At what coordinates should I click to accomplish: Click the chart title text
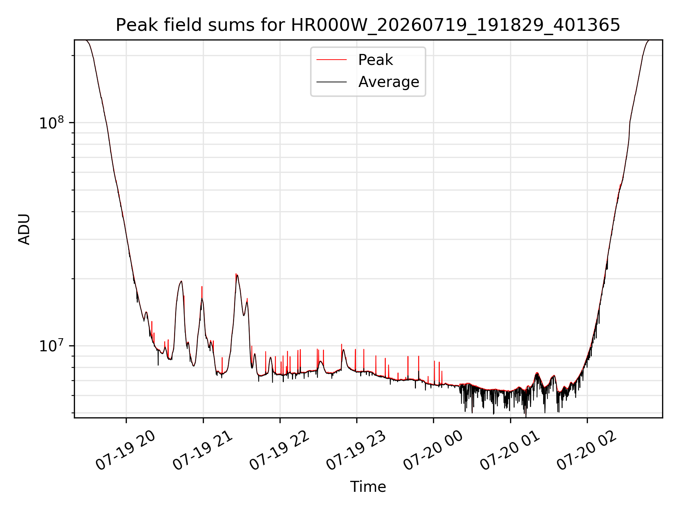pyautogui.click(x=368, y=25)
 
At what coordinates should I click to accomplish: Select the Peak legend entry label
pyautogui.click(x=375, y=60)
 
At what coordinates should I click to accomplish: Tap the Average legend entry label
pyautogui.click(x=389, y=82)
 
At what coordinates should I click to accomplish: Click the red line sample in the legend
pyautogui.click(x=331, y=60)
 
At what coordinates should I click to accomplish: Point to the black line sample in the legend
pyautogui.click(x=331, y=82)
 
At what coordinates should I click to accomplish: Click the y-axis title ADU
pyautogui.click(x=24, y=229)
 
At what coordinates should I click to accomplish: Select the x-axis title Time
pyautogui.click(x=368, y=487)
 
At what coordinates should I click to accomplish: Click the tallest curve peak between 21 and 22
pyautogui.click(x=237, y=274)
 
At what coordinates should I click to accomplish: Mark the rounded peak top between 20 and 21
pyautogui.click(x=181, y=281)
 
